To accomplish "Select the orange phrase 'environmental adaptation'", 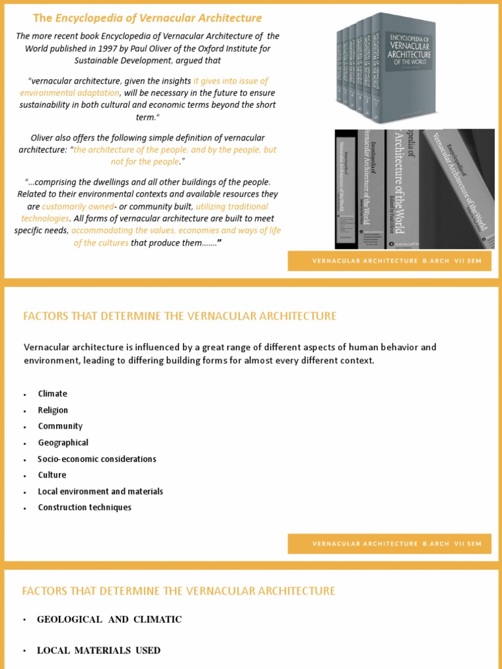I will point(74,93).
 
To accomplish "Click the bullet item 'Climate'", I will point(52,394).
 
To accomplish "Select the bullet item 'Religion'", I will point(53,410).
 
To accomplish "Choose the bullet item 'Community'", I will point(60,426).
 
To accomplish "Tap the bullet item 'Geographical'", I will point(63,442).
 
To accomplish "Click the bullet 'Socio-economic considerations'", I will point(97,459).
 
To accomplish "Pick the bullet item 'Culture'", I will point(52,475).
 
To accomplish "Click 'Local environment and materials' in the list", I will point(100,491).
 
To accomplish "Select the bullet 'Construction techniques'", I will point(84,508).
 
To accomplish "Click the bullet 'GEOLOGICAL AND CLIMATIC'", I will point(109,619).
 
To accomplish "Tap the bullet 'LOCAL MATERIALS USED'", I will point(99,650).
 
